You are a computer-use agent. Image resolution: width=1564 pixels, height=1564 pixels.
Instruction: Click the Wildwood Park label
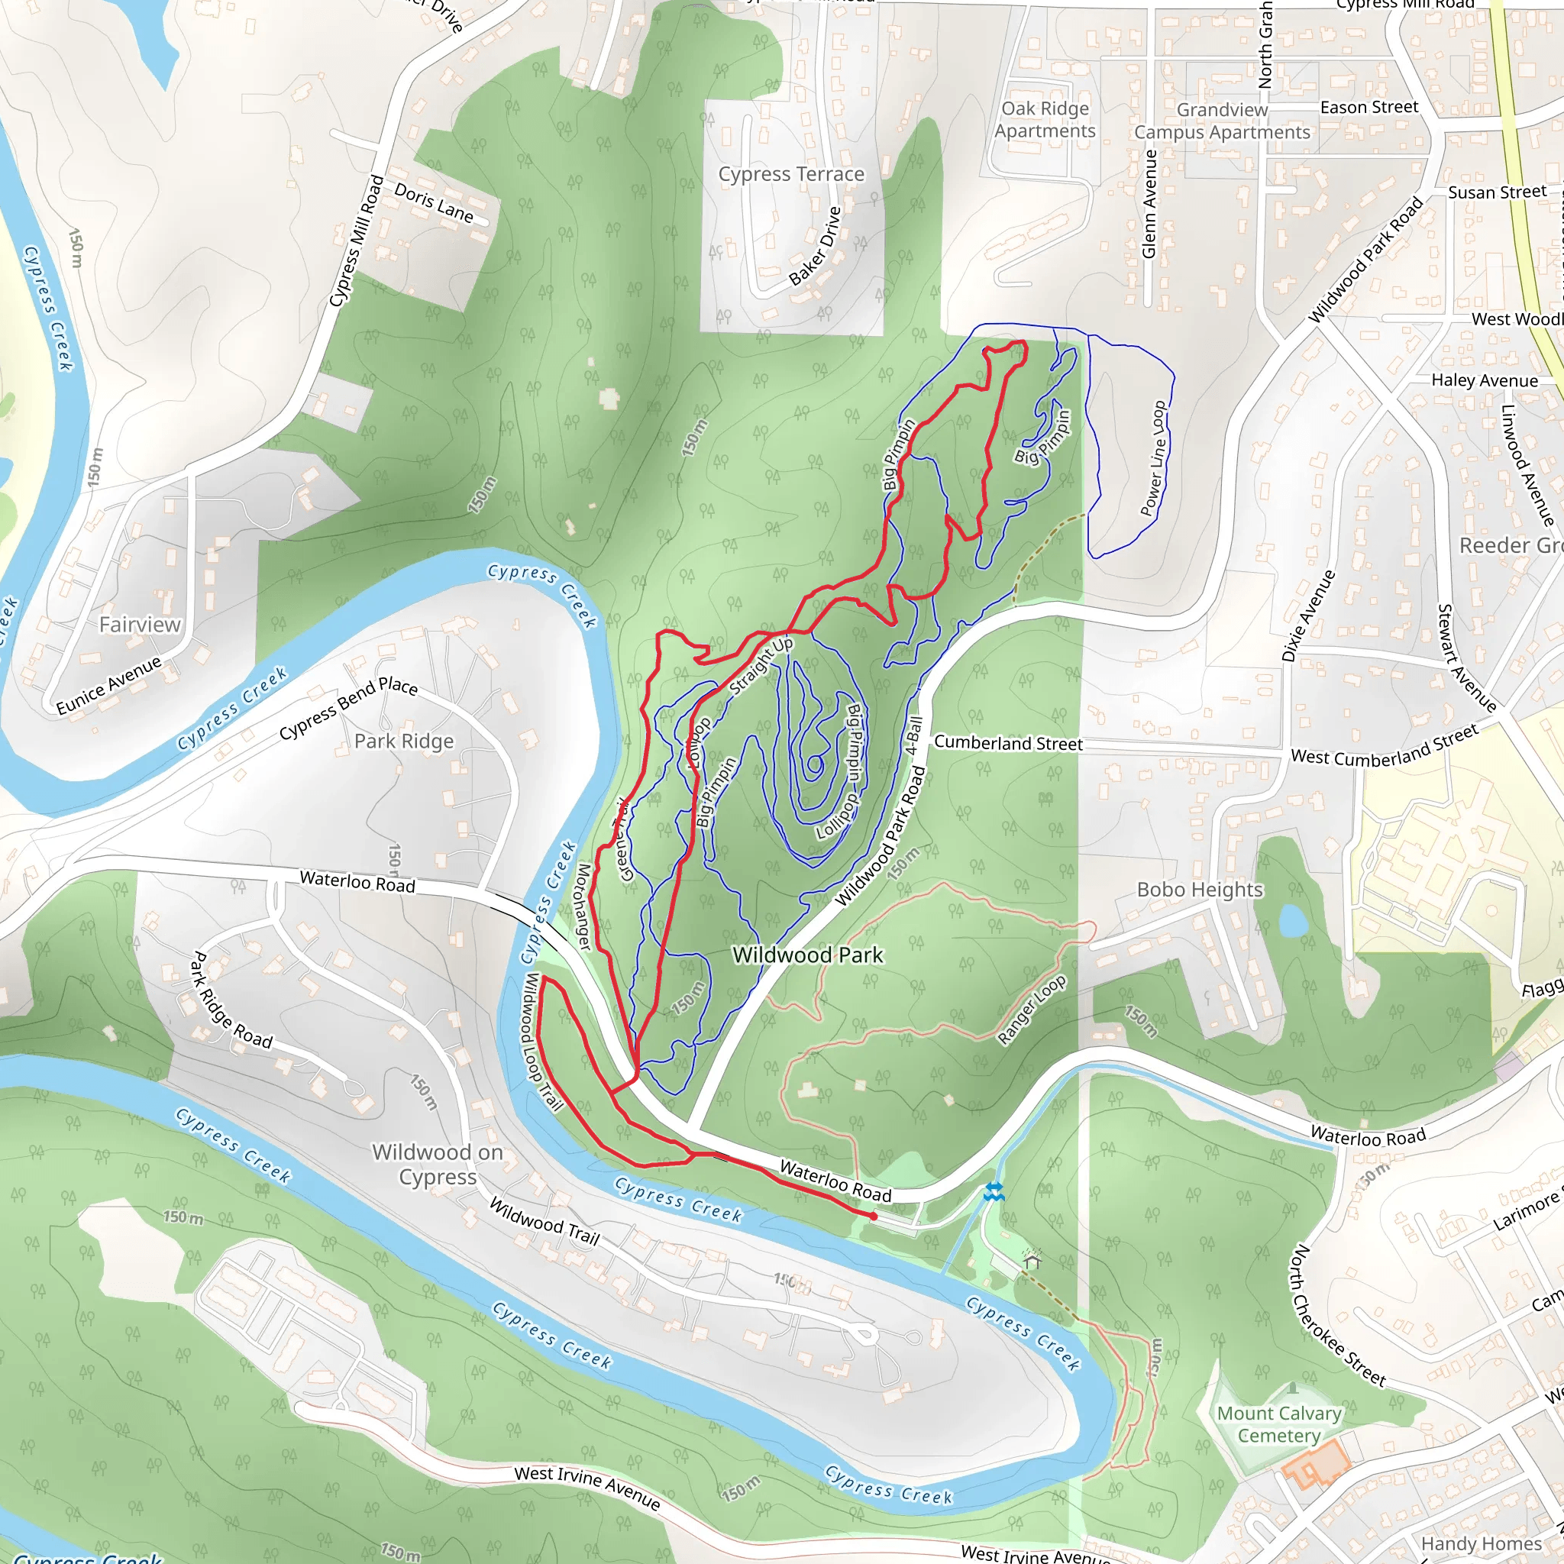point(807,955)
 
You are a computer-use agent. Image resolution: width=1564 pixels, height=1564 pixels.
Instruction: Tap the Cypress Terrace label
point(791,174)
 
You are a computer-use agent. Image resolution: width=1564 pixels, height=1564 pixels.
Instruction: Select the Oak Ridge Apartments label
point(1045,120)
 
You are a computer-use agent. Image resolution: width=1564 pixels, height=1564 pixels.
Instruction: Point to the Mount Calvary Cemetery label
point(1279,1424)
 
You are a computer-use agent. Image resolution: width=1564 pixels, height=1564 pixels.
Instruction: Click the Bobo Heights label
point(1200,890)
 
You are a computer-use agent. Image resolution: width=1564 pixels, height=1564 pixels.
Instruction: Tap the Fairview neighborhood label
point(140,624)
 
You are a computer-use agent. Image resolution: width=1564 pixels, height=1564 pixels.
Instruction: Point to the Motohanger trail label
point(583,906)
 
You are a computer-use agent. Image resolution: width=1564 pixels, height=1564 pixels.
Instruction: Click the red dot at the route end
point(874,1216)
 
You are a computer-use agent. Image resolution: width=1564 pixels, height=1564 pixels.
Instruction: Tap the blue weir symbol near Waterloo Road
point(994,1191)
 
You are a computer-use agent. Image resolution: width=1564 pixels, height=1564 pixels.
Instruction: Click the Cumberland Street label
point(1008,742)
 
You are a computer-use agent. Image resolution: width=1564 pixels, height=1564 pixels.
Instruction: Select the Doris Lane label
point(434,202)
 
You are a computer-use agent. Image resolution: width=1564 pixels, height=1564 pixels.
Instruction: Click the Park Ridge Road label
point(231,1000)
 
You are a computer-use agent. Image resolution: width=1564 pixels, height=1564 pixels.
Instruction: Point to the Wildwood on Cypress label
point(438,1164)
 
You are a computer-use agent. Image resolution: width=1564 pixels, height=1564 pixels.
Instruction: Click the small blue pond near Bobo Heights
point(1292,920)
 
